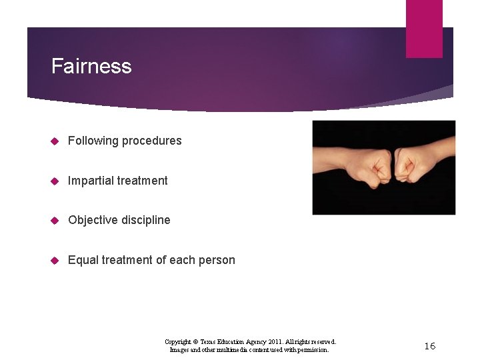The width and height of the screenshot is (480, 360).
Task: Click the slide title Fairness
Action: [x=91, y=66]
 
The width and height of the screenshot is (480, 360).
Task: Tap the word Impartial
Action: [x=91, y=181]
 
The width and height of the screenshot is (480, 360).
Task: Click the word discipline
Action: [x=145, y=220]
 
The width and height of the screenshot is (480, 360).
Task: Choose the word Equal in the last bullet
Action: [x=83, y=260]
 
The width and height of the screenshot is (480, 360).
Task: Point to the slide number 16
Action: [x=430, y=345]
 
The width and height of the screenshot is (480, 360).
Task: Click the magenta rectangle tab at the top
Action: [x=424, y=28]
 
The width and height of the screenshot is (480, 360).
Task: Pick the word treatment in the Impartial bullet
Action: [x=143, y=181]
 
